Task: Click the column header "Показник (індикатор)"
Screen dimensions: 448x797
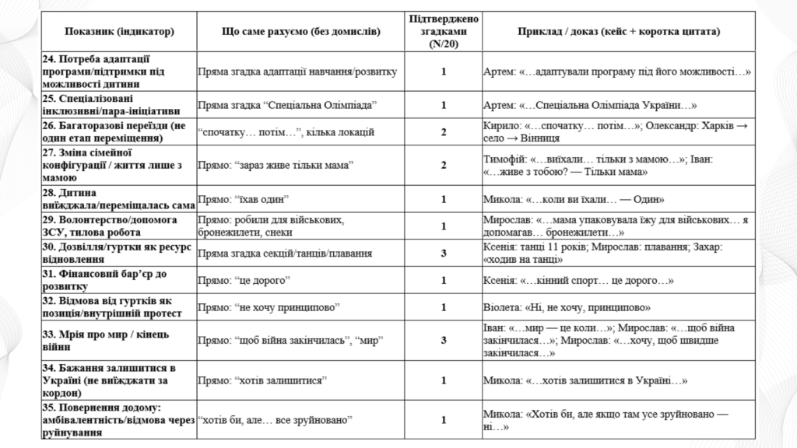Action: tap(118, 32)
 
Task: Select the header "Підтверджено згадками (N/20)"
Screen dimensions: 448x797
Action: tap(444, 32)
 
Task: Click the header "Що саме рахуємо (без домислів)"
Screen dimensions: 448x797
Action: tap(300, 32)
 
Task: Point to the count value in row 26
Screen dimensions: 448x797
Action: tap(444, 131)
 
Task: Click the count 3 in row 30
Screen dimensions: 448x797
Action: tap(444, 253)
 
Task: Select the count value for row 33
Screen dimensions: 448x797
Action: tap(444, 340)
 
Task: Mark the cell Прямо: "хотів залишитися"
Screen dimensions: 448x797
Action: tap(262, 380)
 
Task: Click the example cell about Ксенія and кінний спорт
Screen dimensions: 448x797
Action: tap(578, 280)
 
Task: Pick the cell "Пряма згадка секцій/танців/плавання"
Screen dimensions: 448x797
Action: tap(285, 253)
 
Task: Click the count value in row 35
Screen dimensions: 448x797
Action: tap(444, 420)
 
